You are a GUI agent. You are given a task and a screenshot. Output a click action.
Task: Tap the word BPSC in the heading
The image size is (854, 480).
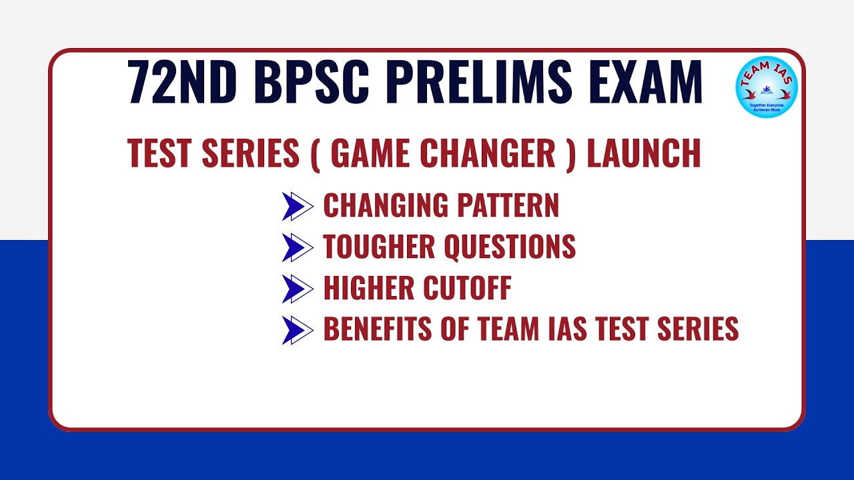312,83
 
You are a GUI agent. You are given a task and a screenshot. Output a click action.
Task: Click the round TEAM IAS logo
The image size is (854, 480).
767,87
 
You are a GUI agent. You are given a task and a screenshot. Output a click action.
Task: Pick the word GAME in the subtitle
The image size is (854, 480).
369,153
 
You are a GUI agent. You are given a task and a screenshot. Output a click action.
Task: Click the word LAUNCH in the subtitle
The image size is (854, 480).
644,153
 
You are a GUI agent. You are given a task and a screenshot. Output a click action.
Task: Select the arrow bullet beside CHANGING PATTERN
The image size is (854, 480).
297,207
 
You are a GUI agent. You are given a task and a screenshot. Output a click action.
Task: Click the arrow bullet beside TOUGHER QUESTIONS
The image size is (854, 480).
297,248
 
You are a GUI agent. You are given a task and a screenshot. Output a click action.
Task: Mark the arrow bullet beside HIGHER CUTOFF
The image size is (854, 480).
297,289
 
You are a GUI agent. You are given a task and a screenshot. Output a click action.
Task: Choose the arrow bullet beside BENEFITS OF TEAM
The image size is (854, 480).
297,330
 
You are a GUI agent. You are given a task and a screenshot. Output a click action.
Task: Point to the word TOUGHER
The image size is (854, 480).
378,248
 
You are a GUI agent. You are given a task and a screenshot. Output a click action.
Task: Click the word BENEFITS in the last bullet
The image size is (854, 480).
378,330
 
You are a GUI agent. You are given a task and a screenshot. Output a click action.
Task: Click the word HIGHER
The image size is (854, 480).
368,289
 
